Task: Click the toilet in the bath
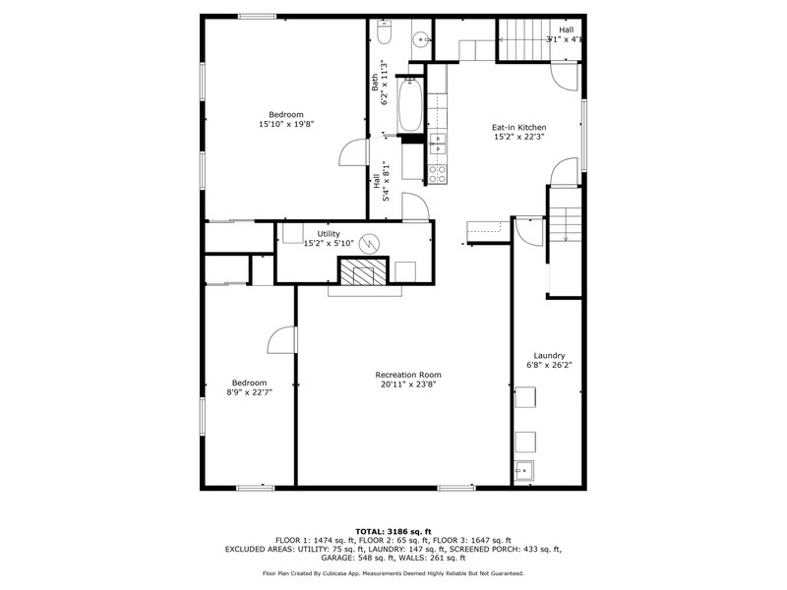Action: point(384,32)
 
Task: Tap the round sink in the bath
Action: point(422,38)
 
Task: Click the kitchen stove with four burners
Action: point(437,174)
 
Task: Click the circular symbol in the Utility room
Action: point(370,243)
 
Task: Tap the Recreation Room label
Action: point(408,375)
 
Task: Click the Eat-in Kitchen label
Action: point(519,128)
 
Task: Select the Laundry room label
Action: point(549,356)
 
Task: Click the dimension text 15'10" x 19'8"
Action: point(286,124)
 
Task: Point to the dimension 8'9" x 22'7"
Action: point(250,392)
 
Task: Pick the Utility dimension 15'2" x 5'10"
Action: point(329,243)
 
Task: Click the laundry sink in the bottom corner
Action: point(524,471)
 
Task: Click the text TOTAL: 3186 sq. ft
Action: point(393,532)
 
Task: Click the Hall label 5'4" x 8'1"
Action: point(381,181)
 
